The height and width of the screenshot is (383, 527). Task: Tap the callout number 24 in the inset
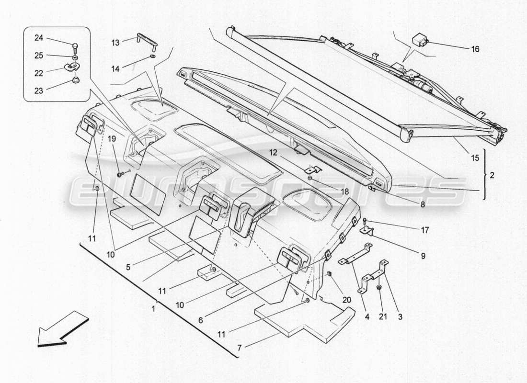[38, 38]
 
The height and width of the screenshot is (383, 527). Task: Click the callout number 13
[115, 43]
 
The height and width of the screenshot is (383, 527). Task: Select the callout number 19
[111, 139]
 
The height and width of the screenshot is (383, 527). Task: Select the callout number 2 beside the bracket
[493, 176]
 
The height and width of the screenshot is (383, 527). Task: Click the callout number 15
[475, 158]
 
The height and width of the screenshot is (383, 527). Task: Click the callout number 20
[346, 300]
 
